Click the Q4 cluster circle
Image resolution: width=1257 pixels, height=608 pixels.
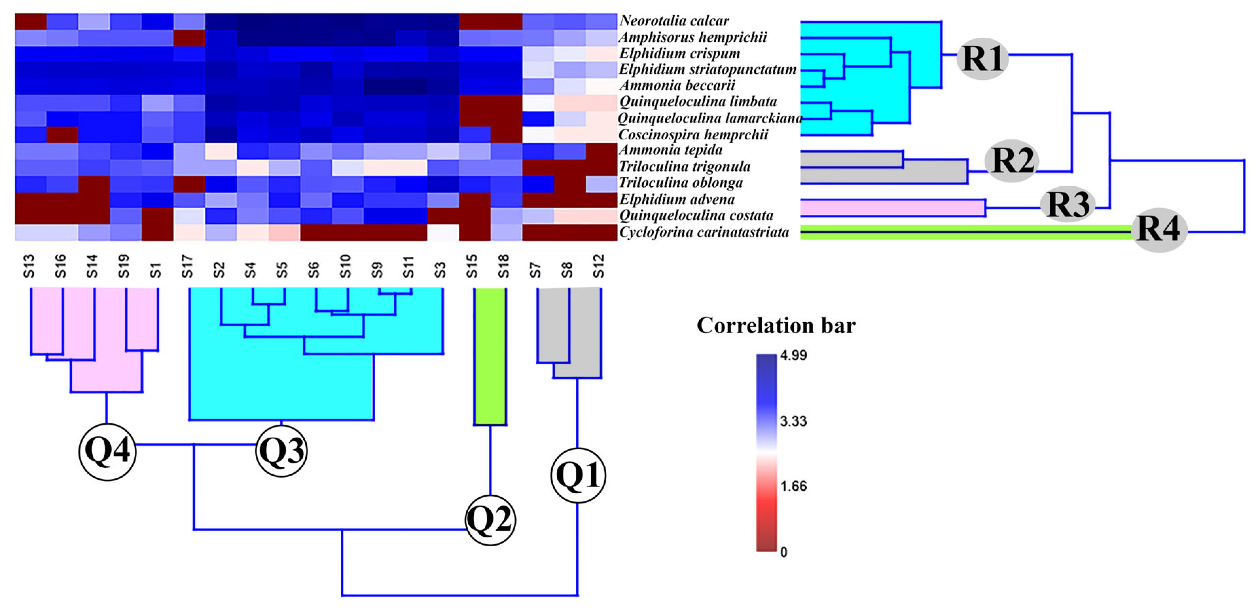pyautogui.click(x=107, y=451)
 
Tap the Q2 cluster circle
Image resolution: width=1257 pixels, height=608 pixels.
pyautogui.click(x=490, y=520)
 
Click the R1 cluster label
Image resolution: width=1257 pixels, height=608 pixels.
pyautogui.click(x=982, y=58)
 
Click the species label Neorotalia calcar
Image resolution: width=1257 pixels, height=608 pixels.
pyautogui.click(x=674, y=21)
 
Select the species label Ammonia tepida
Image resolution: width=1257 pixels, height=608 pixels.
pyautogui.click(x=670, y=150)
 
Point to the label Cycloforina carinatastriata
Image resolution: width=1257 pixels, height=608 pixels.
pyautogui.click(x=704, y=232)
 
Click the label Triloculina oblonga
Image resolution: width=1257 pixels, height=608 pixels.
pyautogui.click(x=681, y=183)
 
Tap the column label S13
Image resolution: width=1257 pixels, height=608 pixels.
pyautogui.click(x=29, y=266)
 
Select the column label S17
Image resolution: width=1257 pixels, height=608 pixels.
pyautogui.click(x=187, y=266)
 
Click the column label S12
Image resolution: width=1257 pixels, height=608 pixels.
pyautogui.click(x=599, y=266)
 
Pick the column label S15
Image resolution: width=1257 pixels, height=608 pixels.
pyautogui.click(x=472, y=266)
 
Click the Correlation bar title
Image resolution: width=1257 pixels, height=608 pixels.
pyautogui.click(x=776, y=326)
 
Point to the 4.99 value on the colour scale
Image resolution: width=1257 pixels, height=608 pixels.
pyautogui.click(x=793, y=355)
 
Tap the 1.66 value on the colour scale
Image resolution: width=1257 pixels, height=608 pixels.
pyautogui.click(x=793, y=486)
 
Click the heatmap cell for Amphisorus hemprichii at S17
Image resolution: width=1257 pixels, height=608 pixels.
pyautogui.click(x=189, y=38)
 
